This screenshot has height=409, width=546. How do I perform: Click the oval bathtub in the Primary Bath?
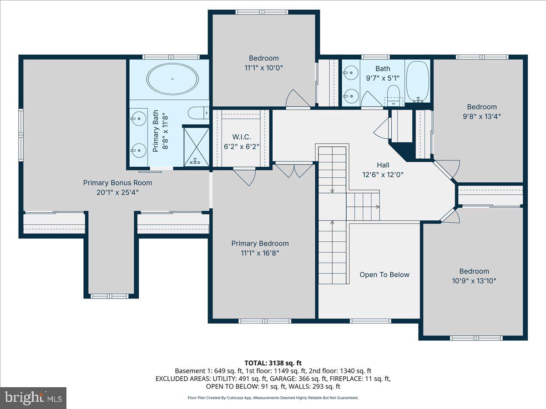pos(172,79)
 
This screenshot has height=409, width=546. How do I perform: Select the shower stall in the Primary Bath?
pos(196,147)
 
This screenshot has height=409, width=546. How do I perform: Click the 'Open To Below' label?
pos(384,274)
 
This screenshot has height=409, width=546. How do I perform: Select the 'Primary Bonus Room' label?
pos(117,183)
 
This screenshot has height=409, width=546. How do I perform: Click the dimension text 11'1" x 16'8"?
pos(260,253)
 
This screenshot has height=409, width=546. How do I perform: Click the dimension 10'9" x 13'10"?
pos(474,280)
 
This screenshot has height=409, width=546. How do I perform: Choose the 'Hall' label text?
pos(383,165)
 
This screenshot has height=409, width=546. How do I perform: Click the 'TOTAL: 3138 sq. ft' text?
pos(273,363)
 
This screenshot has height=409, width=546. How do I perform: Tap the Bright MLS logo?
pos(33,398)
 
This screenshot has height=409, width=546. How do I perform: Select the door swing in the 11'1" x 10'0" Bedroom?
pos(293,99)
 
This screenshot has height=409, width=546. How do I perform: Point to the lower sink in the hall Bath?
pos(349,95)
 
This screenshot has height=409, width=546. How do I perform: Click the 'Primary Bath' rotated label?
pos(156,131)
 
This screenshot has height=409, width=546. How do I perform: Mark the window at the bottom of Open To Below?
pos(370,321)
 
